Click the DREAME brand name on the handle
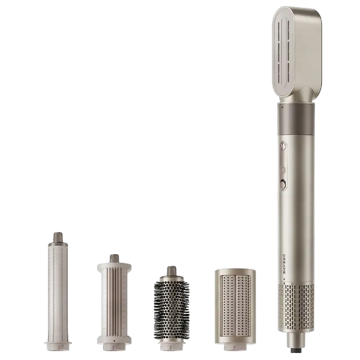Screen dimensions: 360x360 [x=284, y=264]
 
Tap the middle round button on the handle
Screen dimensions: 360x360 [x=283, y=170]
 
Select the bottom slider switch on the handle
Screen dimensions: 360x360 [x=283, y=185]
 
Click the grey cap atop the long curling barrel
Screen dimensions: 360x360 [x=58, y=238]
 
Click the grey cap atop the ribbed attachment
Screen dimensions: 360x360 [x=114, y=258]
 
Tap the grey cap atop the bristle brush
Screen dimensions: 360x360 [x=171, y=271]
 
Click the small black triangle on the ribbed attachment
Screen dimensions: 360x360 [x=114, y=341]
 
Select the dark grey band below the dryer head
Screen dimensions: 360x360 [x=296, y=119]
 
